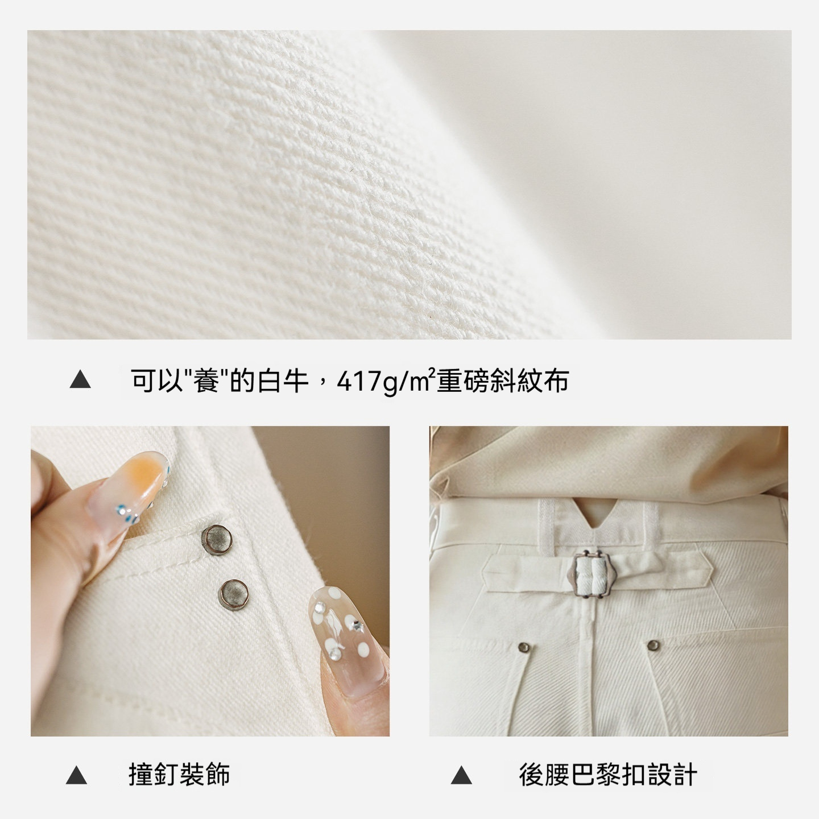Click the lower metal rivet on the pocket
click(233, 593)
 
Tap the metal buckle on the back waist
click(591, 574)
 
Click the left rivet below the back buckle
click(524, 647)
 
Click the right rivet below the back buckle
click(653, 644)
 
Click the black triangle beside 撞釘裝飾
click(77, 775)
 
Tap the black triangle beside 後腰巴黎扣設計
click(461, 775)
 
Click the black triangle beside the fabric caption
click(80, 380)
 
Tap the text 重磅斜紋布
click(503, 380)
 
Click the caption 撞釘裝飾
click(179, 775)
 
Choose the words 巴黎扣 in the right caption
click(608, 775)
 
